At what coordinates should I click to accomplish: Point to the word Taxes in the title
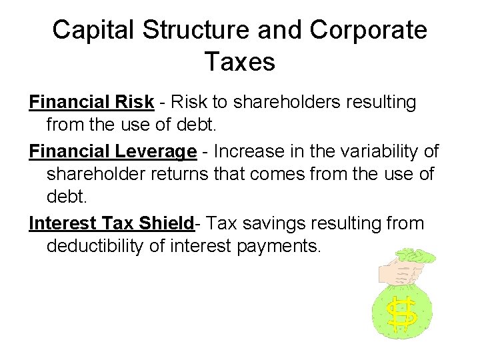239,62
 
